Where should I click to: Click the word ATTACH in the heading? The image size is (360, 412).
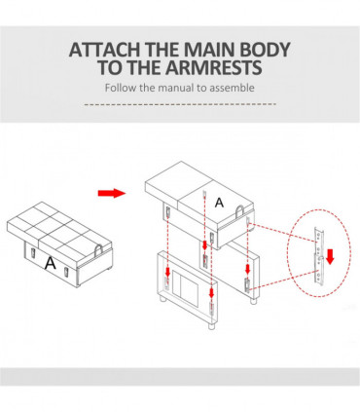[x=105, y=50]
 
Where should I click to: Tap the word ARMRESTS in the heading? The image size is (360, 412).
[x=212, y=67]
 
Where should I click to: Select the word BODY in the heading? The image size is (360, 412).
[x=265, y=50]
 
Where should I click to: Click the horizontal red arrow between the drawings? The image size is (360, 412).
[x=112, y=194]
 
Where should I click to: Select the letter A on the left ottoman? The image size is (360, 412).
[x=50, y=263]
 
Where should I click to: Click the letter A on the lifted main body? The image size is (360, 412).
[x=220, y=203]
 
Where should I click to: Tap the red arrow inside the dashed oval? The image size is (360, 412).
[x=330, y=256]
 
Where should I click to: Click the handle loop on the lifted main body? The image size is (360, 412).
[x=239, y=210]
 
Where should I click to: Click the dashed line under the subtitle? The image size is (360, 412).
[x=180, y=104]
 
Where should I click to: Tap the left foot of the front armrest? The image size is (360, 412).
[x=162, y=299]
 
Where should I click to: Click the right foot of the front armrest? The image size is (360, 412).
[x=211, y=326]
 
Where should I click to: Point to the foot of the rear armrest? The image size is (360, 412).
[x=252, y=300]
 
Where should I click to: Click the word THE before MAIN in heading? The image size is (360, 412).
[x=162, y=50]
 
